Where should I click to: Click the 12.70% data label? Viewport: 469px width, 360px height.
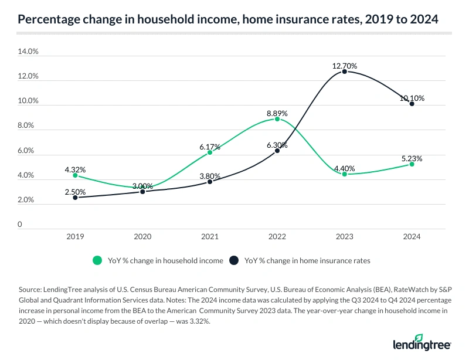coord(345,66)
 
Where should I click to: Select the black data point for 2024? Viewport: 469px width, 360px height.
coord(412,104)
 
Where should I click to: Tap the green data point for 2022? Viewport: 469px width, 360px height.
coord(277,119)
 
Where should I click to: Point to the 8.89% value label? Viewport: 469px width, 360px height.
coord(277,111)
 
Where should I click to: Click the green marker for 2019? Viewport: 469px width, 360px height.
coord(75,175)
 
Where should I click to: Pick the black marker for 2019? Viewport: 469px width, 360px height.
coord(75,198)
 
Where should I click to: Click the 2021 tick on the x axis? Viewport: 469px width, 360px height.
coord(210,237)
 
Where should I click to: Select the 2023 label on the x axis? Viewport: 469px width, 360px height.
coord(345,237)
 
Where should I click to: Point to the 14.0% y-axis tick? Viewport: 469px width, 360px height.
coord(28,52)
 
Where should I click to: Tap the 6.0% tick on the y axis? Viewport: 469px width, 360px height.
coord(28,151)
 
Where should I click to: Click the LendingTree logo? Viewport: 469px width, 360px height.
coord(422,342)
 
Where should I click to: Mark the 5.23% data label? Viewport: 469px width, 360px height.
coord(412,158)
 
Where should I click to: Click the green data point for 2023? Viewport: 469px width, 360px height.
coord(345,174)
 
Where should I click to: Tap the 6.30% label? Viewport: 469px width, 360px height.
coord(277,145)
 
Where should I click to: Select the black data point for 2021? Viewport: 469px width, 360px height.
coord(210,182)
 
